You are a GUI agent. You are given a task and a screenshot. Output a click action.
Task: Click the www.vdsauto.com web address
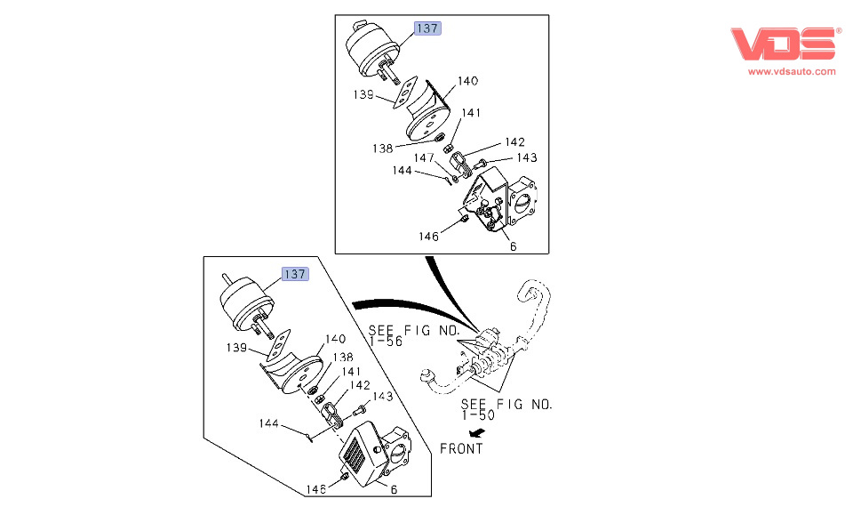[791, 71]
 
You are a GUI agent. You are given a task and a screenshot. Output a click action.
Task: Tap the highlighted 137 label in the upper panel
[427, 28]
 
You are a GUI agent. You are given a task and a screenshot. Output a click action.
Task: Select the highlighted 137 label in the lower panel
[295, 274]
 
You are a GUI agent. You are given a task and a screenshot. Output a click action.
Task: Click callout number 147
[423, 157]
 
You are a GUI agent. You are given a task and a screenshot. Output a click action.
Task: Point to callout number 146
[429, 237]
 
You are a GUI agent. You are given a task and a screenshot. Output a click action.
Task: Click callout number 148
[316, 488]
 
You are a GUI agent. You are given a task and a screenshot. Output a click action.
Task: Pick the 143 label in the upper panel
[527, 157]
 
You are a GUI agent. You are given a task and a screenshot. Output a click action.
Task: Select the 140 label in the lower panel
[334, 339]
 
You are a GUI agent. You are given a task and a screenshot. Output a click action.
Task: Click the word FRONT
[461, 449]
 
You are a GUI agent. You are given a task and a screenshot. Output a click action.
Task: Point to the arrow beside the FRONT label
[479, 431]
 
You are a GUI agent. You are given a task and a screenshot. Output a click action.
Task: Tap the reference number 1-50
[479, 415]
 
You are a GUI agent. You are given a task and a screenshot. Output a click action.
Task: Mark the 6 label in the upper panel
[513, 246]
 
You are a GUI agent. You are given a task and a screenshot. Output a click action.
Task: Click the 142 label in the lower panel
[360, 385]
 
